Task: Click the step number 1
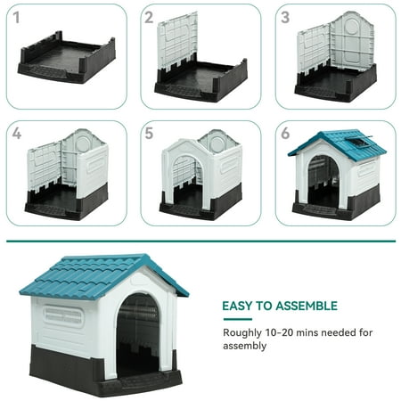click(x=16, y=18)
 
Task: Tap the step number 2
click(x=149, y=18)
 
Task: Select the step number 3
click(x=285, y=18)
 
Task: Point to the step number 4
click(x=17, y=134)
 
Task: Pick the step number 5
click(x=149, y=134)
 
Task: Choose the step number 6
click(x=285, y=134)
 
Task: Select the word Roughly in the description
click(x=242, y=333)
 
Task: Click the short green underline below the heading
click(x=238, y=319)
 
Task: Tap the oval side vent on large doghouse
click(x=63, y=315)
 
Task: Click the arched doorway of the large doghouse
click(x=137, y=336)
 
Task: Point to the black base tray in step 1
click(x=67, y=57)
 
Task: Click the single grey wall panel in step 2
click(x=177, y=42)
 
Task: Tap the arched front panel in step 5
click(x=185, y=172)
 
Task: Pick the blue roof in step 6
click(x=337, y=144)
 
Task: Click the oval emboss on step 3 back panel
click(x=352, y=26)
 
